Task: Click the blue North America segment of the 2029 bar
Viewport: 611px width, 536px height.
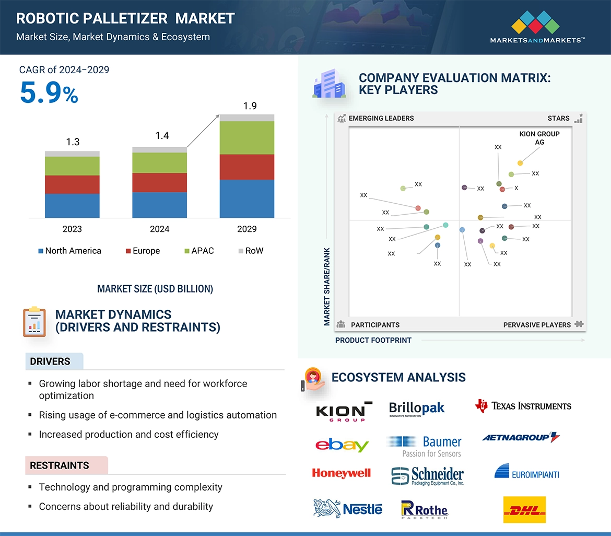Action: [x=246, y=199]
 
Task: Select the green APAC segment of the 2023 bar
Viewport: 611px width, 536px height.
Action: [x=72, y=166]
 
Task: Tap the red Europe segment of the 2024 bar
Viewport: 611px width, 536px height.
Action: [x=159, y=182]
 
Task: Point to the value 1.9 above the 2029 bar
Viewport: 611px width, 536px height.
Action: [x=250, y=106]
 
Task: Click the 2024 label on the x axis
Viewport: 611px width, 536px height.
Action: [x=159, y=229]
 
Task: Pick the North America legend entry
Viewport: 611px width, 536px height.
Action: [x=69, y=251]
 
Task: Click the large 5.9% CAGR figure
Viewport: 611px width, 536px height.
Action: [x=49, y=93]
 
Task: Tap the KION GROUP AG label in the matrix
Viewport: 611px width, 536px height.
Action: [x=539, y=138]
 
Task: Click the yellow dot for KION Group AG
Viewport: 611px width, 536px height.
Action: [x=520, y=163]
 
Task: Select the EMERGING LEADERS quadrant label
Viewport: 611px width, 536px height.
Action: [x=381, y=118]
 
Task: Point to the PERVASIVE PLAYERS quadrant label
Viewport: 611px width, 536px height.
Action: [x=537, y=325]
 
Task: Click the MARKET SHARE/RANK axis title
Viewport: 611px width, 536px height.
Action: [x=327, y=286]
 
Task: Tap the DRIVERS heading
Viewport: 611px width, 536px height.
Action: [x=50, y=362]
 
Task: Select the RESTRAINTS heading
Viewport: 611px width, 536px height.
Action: [x=60, y=465]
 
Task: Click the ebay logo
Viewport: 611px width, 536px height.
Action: [x=342, y=445]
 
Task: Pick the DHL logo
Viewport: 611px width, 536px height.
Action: [x=524, y=510]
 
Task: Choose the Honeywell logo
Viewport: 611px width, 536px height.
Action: [x=341, y=473]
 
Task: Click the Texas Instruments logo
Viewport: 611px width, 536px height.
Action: [x=523, y=406]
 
